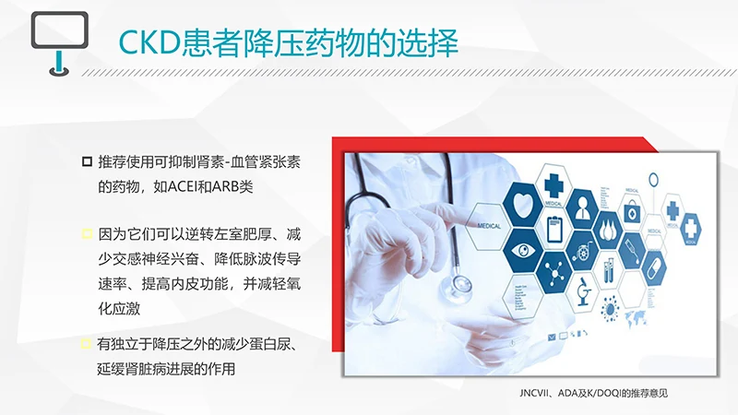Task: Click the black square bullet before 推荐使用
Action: coord(86,162)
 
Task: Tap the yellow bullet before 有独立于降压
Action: coord(86,345)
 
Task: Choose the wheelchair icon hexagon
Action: coord(582,249)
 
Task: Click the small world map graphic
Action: coord(637,319)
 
